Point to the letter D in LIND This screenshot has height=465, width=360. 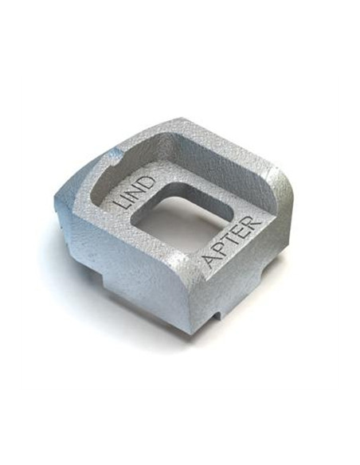[149, 180]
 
